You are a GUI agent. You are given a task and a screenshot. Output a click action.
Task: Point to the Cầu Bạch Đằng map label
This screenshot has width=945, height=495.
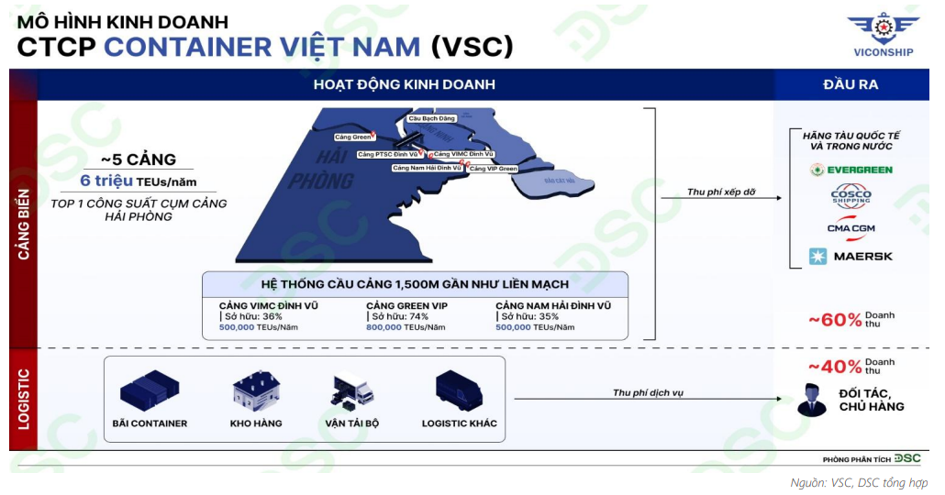point(431,119)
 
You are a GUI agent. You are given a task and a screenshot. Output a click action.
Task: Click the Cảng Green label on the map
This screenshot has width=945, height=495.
point(353,137)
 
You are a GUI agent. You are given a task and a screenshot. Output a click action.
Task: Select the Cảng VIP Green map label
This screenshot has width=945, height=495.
point(494,169)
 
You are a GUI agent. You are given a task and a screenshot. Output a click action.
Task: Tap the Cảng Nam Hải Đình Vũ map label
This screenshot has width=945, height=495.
point(427,168)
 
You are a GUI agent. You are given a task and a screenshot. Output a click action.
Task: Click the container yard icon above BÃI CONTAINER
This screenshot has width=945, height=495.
point(149,390)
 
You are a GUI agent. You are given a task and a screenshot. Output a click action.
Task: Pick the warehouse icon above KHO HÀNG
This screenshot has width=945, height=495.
point(255,391)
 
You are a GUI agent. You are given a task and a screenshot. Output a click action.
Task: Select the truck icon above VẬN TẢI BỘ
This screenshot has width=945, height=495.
point(352,391)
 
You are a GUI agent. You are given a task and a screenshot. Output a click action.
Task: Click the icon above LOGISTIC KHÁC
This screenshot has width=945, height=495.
point(459,390)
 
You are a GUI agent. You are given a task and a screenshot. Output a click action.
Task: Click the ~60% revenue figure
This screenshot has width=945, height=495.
point(835,320)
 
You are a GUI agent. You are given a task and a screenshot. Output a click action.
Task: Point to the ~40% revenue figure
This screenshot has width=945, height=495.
point(835,367)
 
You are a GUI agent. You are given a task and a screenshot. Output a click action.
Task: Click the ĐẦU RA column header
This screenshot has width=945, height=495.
point(850,84)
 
